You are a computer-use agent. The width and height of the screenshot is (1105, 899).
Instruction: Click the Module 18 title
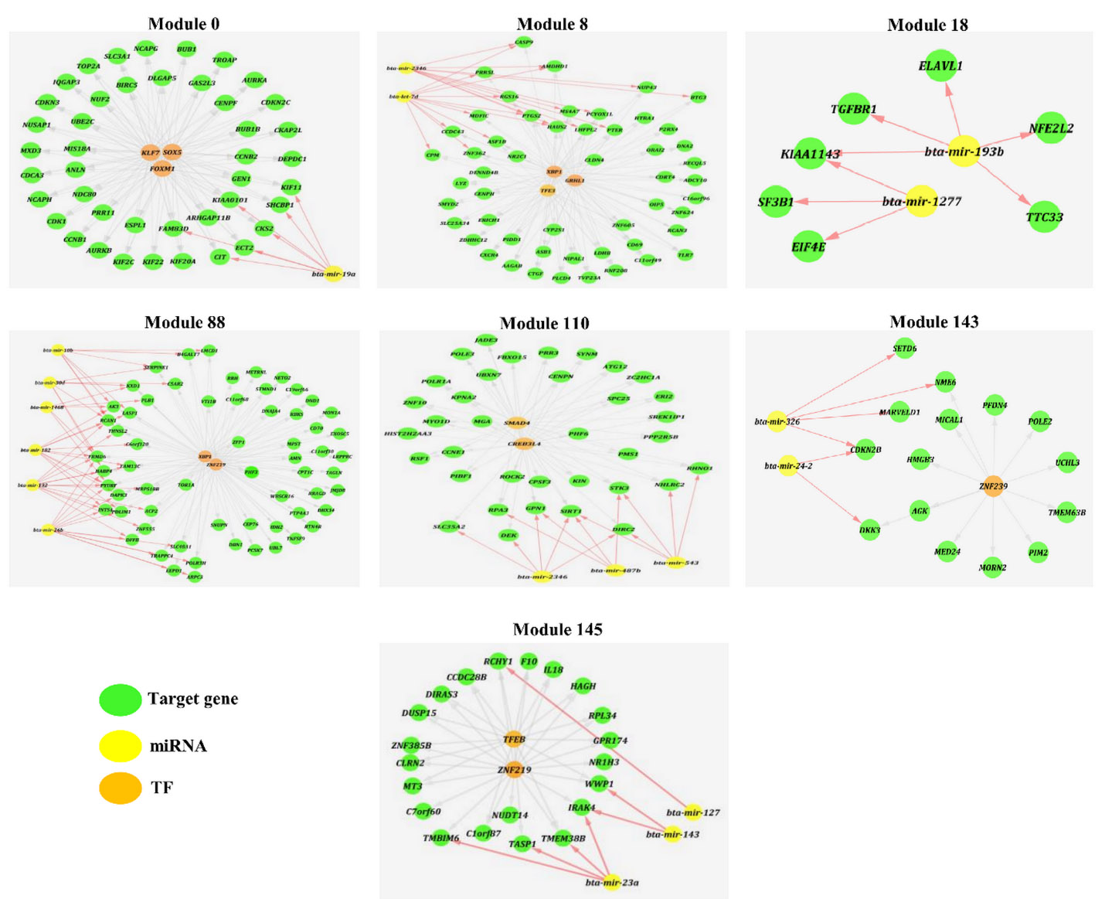(x=927, y=25)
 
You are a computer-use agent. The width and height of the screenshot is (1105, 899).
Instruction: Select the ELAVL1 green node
(x=940, y=66)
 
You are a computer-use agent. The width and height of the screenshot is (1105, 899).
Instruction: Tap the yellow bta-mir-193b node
(x=964, y=152)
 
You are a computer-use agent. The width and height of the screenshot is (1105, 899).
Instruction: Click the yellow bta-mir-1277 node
(x=921, y=202)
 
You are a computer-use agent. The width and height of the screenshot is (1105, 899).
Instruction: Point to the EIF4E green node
(x=808, y=247)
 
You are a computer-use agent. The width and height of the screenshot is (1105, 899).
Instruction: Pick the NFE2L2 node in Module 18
(x=1051, y=128)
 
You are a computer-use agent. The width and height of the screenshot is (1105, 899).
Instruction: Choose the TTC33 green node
(x=1044, y=217)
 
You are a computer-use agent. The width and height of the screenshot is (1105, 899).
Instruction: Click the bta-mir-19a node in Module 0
(x=334, y=274)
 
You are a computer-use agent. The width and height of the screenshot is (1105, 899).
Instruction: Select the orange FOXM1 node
(x=161, y=169)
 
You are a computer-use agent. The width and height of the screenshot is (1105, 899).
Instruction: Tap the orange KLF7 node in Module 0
(x=150, y=153)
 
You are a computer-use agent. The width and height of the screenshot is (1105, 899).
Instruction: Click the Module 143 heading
(x=933, y=322)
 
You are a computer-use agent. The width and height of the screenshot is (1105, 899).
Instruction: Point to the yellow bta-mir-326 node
(x=777, y=421)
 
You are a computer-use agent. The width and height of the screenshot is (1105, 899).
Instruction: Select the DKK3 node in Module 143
(x=869, y=530)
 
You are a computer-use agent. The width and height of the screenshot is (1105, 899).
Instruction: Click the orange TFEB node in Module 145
(x=514, y=739)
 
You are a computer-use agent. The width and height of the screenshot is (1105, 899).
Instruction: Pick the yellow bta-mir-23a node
(x=612, y=882)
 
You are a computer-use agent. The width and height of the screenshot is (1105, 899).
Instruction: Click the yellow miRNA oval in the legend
(x=121, y=746)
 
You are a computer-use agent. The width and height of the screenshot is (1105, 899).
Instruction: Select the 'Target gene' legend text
(x=192, y=699)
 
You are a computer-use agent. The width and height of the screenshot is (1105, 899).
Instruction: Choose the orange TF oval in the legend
(x=121, y=788)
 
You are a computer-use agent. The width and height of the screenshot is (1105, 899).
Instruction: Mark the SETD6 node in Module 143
(x=904, y=349)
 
